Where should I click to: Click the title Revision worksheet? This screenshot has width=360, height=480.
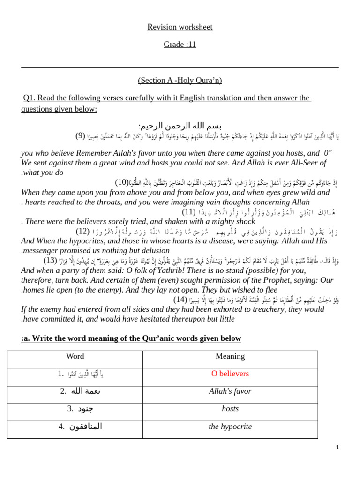point(180,27)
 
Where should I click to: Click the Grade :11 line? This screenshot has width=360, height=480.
point(180,45)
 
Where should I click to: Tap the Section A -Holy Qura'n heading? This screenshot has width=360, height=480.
point(180,80)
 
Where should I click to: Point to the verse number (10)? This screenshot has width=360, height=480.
point(122,182)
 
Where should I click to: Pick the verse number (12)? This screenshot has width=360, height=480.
point(82,231)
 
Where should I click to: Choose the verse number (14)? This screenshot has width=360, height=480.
point(180,299)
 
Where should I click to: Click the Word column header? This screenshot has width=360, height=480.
point(75,356)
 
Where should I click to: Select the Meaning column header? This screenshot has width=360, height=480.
point(230,356)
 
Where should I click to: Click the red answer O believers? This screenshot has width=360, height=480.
point(230,374)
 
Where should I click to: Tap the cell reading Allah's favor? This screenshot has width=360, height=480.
point(230,391)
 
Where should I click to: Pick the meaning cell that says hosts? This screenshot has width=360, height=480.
point(230,409)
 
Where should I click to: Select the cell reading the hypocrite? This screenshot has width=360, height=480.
point(230,427)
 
